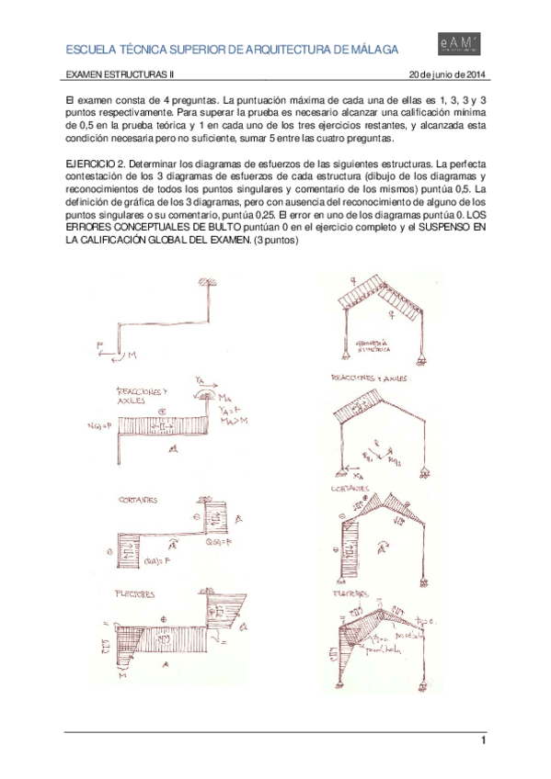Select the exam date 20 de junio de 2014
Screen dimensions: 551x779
point(449,74)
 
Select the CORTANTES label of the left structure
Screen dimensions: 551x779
point(138,501)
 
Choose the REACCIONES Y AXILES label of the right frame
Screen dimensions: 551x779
point(370,378)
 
